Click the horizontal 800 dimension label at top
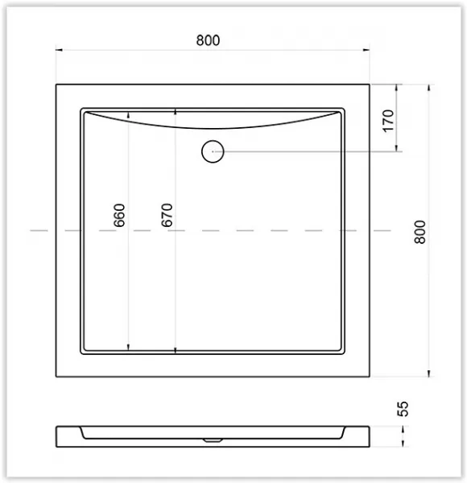[x=209, y=40]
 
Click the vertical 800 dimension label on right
[x=420, y=232]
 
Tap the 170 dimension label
[x=388, y=121]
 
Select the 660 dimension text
[x=119, y=215]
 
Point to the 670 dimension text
[x=167, y=215]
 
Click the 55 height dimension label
[x=403, y=409]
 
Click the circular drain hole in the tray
[x=213, y=151]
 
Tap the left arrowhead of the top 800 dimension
[x=59, y=50]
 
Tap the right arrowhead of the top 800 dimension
[x=366, y=50]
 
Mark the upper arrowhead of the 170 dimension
[x=396, y=88]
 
